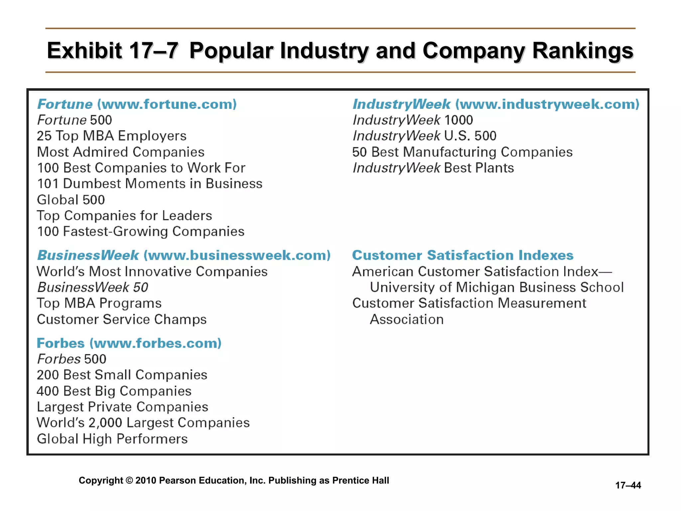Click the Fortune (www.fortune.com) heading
pyautogui.click(x=137, y=104)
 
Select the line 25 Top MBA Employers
pyautogui.click(x=111, y=136)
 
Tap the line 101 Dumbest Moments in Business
pyautogui.click(x=149, y=184)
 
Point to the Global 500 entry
pyautogui.click(x=71, y=200)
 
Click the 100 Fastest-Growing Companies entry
pyautogui.click(x=140, y=232)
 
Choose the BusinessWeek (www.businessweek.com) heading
pyautogui.click(x=184, y=255)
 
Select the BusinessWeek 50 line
pyautogui.click(x=92, y=287)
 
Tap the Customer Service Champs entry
pyautogui.click(x=122, y=319)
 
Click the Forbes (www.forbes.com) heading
pyautogui.click(x=129, y=343)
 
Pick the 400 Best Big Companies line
pyautogui.click(x=114, y=391)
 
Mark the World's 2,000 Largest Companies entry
pyautogui.click(x=143, y=423)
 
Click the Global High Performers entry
pyautogui.click(x=112, y=439)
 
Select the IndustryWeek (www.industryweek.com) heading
pyautogui.click(x=496, y=104)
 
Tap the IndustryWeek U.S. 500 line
pyautogui.click(x=424, y=136)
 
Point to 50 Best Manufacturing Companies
pyautogui.click(x=462, y=152)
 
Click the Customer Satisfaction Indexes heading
pyautogui.click(x=463, y=255)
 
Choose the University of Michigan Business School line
pyautogui.click(x=497, y=287)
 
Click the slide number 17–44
pyautogui.click(x=628, y=485)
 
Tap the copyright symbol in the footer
pyautogui.click(x=129, y=480)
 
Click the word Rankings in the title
pyautogui.click(x=583, y=51)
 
